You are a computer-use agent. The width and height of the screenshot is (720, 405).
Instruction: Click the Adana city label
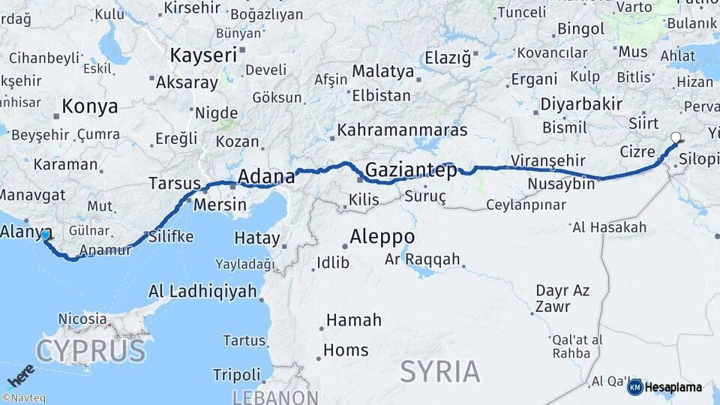point(266,177)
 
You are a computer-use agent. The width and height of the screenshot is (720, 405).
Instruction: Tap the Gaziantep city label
point(411,170)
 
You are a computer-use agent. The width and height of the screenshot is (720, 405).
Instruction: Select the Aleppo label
point(382,235)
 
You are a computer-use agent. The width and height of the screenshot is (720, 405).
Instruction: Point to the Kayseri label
point(203,55)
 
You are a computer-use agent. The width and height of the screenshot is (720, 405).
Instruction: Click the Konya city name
point(90,106)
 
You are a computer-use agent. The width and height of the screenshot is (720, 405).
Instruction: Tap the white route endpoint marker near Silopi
point(676,137)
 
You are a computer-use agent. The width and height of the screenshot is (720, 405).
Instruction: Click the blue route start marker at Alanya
point(46,235)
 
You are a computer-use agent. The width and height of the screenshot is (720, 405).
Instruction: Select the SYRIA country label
point(439,370)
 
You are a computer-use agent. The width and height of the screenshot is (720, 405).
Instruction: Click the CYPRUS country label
point(90,350)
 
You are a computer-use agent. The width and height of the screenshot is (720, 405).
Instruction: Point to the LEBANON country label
point(275,397)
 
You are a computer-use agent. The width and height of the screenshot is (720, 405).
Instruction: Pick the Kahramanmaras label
point(402,130)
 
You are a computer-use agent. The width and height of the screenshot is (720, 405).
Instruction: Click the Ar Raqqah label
point(422,259)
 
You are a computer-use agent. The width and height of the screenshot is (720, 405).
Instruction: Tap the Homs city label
point(346,350)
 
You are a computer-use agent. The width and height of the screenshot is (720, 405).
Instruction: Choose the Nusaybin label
point(561,184)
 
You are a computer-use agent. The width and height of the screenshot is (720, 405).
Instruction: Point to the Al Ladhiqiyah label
point(202,291)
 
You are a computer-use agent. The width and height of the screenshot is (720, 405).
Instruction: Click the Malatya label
point(383,71)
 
